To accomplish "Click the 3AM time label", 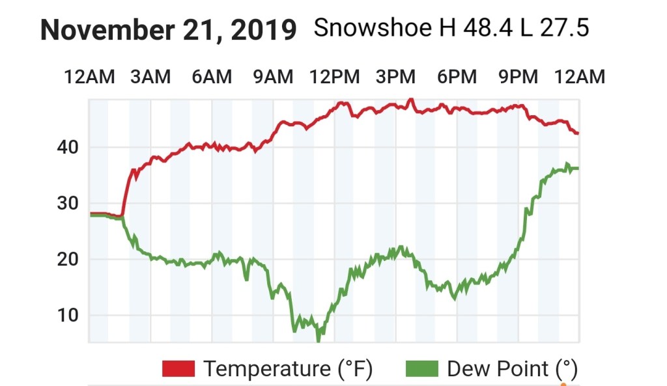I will tap(150, 77).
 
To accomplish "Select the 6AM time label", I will tap(212, 77).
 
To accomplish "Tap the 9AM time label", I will tap(273, 77).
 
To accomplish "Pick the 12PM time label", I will tap(335, 77).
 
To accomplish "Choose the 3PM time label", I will tap(396, 77).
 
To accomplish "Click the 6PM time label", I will tap(457, 77).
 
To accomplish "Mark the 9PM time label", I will tap(518, 77).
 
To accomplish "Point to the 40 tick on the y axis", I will tap(68, 148).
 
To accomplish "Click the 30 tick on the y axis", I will tap(68, 204).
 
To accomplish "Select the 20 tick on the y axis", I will tap(68, 260).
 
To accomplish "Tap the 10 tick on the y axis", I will tap(68, 316).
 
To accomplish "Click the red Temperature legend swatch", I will tap(178, 369).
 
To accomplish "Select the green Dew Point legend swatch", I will tap(422, 369).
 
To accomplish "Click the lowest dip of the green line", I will tap(319, 338).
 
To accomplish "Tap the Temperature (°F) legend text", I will tap(288, 369).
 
